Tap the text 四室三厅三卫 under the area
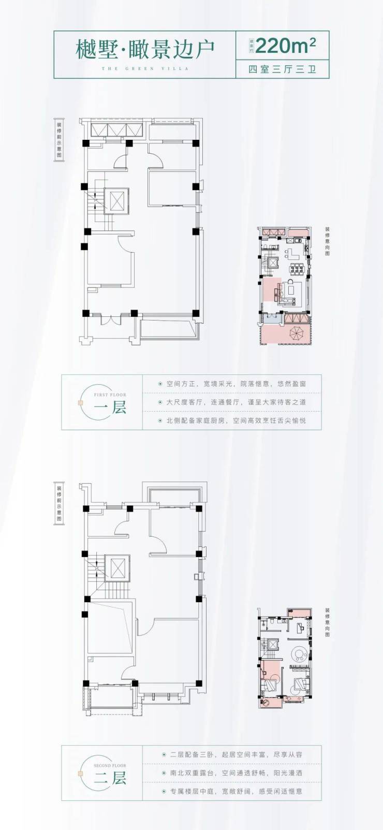tap(282, 69)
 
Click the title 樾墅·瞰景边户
tap(145, 49)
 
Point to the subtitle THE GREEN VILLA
tap(145, 68)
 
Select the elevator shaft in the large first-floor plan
tap(116, 200)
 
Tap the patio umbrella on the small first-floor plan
tap(296, 332)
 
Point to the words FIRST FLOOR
tap(110, 395)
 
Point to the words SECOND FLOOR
tap(110, 765)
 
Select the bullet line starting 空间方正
tap(236, 384)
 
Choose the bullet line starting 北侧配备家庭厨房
tap(236, 420)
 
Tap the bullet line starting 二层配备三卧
tap(236, 754)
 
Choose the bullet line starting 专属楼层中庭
tap(236, 791)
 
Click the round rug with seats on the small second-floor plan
tap(299, 654)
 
